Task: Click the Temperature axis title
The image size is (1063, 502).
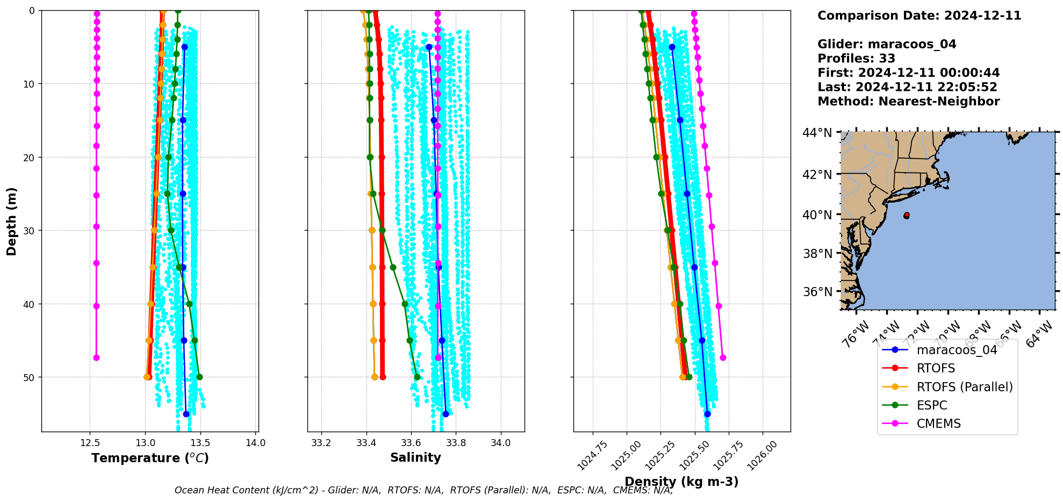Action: (x=150, y=458)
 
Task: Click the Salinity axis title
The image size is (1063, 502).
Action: (x=415, y=458)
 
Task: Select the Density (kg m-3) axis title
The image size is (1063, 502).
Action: (x=681, y=482)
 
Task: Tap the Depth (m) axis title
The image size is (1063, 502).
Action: (x=12, y=221)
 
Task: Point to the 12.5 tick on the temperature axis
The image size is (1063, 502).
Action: (x=90, y=443)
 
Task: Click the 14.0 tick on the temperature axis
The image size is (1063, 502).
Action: (x=255, y=443)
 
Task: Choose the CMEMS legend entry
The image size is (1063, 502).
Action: (x=938, y=424)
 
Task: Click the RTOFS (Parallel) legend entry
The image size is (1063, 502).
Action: (x=964, y=387)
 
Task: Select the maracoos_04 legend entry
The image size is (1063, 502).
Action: (x=957, y=350)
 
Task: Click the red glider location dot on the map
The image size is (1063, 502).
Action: (x=907, y=215)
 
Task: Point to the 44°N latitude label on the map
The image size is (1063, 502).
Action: (x=817, y=133)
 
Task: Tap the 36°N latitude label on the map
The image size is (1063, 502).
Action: (x=817, y=292)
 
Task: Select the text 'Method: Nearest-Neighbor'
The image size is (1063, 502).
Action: (x=908, y=102)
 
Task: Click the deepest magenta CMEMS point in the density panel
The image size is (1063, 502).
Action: (x=723, y=357)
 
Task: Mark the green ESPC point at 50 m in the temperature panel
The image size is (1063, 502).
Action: (x=199, y=377)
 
